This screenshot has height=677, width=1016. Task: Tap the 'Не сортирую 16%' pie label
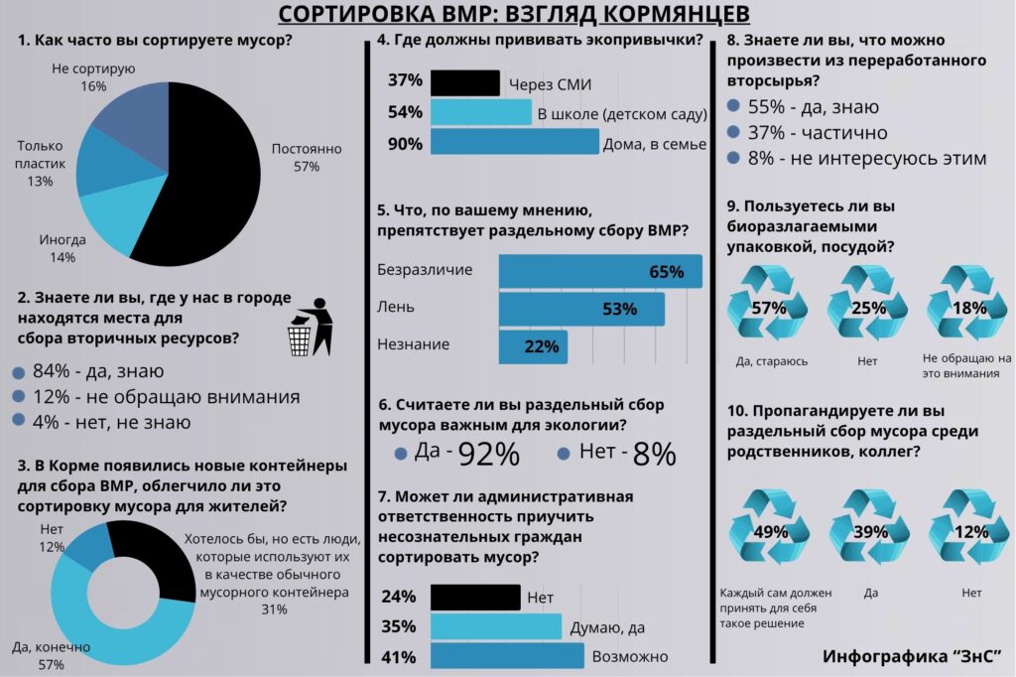tap(93, 77)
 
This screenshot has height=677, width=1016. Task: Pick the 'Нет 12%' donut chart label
tap(52, 538)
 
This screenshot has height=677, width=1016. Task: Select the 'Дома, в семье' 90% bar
tap(516, 144)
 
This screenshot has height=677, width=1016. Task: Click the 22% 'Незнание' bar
tap(533, 346)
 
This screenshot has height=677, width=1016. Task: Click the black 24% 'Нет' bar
tap(475, 597)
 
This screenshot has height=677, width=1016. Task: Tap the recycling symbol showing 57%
tap(768, 307)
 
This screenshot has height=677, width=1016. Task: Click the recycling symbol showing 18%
tap(966, 307)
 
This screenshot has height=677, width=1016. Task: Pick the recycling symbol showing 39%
tap(869, 531)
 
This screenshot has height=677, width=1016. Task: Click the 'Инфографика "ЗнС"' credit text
tap(911, 656)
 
